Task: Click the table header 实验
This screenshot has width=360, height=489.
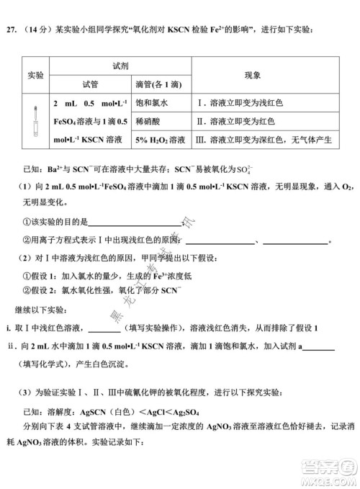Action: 36,76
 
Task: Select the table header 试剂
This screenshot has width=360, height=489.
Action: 120,66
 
